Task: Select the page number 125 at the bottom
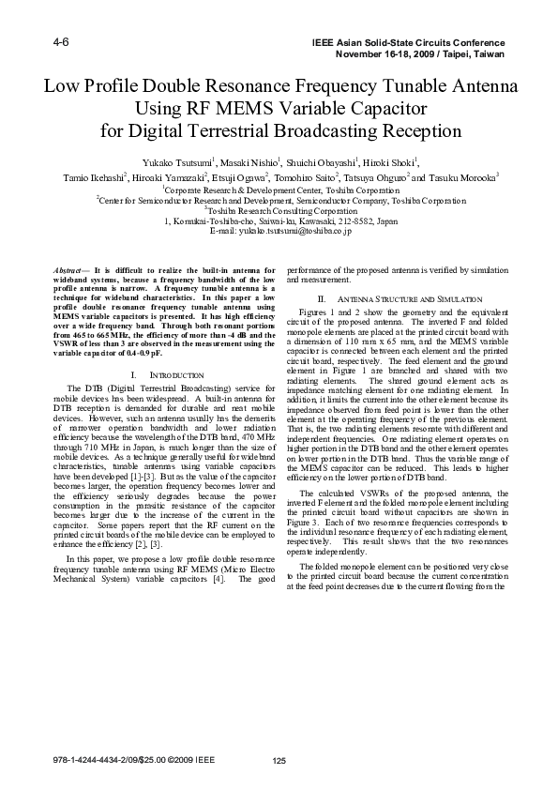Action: coord(279,760)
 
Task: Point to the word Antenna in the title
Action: coord(477,88)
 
